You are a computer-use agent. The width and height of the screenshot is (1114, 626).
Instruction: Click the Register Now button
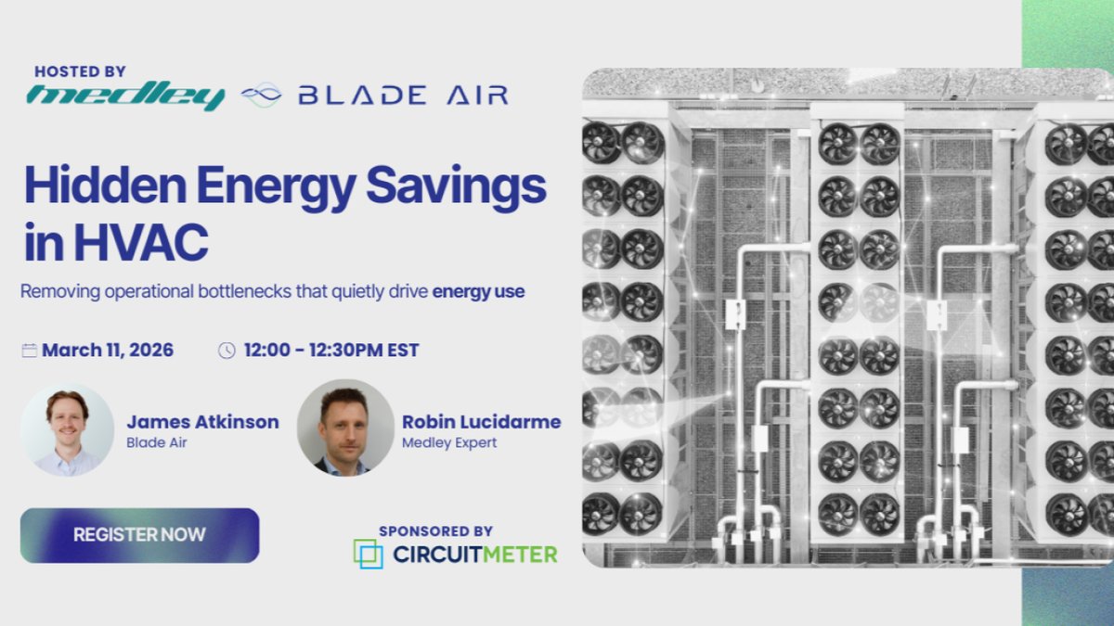[139, 535]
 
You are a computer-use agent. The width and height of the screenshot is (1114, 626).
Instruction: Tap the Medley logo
[125, 96]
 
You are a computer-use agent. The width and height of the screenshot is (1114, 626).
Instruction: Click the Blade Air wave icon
[261, 95]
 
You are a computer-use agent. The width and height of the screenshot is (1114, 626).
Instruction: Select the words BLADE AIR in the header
[402, 95]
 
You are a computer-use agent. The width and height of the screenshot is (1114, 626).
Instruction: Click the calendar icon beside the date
[30, 351]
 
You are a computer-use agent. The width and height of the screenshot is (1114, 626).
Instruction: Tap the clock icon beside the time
[227, 351]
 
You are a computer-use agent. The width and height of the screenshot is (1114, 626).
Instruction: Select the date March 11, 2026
[108, 351]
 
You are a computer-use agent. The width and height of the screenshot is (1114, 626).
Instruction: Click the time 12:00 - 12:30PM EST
[331, 351]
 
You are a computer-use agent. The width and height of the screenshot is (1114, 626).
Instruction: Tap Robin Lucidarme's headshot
[344, 428]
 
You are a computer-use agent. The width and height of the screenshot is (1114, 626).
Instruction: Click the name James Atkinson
[202, 422]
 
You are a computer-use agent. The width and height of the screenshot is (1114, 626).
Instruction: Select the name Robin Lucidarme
[481, 422]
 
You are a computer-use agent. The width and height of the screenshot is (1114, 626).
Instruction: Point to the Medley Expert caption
[449, 442]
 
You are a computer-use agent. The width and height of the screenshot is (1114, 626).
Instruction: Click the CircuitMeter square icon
[368, 554]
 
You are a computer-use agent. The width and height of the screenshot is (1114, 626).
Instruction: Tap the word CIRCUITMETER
[474, 555]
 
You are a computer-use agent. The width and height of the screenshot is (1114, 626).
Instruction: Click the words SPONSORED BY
[435, 531]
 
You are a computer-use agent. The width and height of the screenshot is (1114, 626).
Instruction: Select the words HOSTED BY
[80, 71]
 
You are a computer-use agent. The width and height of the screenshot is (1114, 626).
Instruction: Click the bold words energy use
[478, 291]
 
